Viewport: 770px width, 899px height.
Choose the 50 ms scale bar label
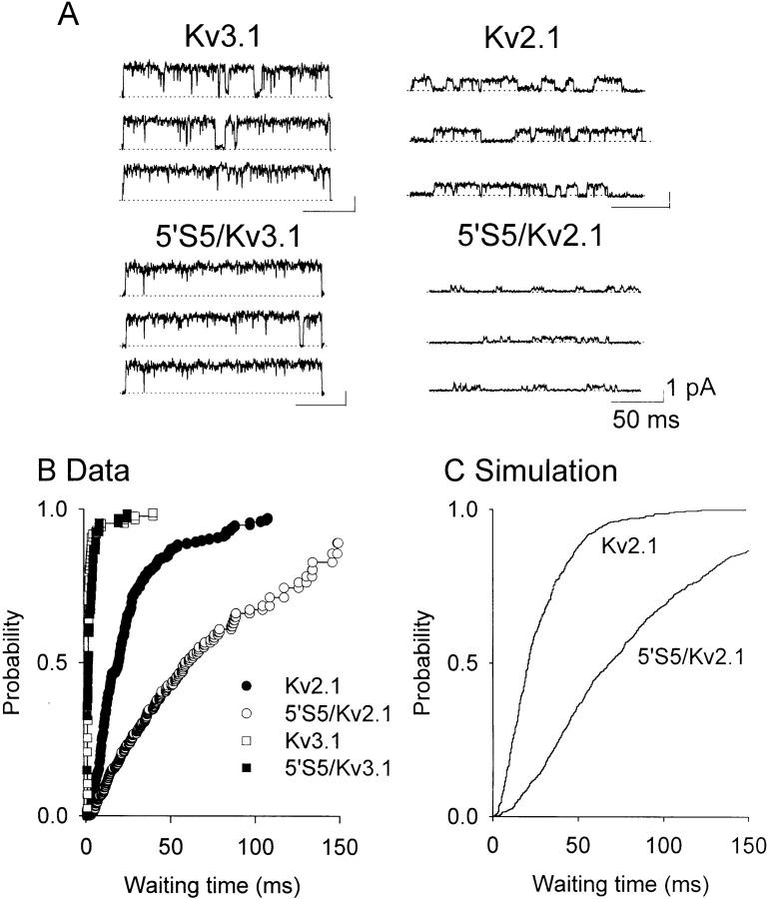click(x=645, y=421)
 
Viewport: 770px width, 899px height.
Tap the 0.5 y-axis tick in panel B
click(x=59, y=663)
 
